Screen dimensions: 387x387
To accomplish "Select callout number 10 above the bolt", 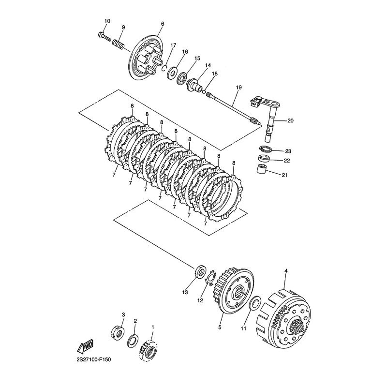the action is pyautogui.click(x=107, y=21).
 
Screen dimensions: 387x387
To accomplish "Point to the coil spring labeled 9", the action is pyautogui.click(x=118, y=45).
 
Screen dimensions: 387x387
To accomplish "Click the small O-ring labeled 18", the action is pyautogui.click(x=204, y=92).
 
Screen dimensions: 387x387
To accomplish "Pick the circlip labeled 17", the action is pyautogui.click(x=165, y=68).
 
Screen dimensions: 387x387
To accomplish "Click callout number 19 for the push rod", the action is pyautogui.click(x=238, y=88).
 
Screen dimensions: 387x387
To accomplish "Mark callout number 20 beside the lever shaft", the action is pyautogui.click(x=291, y=120).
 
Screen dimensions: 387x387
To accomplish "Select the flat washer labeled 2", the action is pyautogui.click(x=133, y=341).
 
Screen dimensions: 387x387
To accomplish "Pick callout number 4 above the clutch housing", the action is pyautogui.click(x=286, y=271).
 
